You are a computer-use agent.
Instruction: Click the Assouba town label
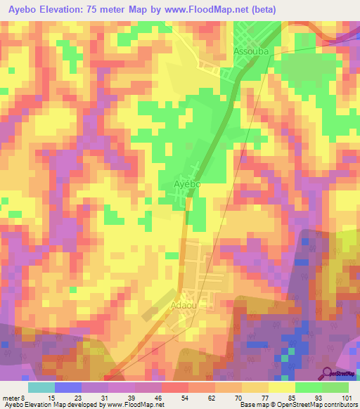(252, 52)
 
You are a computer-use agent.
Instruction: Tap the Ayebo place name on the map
(188, 184)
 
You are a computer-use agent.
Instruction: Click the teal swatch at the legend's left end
(41, 387)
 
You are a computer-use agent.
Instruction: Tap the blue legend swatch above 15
(68, 387)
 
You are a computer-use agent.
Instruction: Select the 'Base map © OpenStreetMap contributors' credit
(297, 405)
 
